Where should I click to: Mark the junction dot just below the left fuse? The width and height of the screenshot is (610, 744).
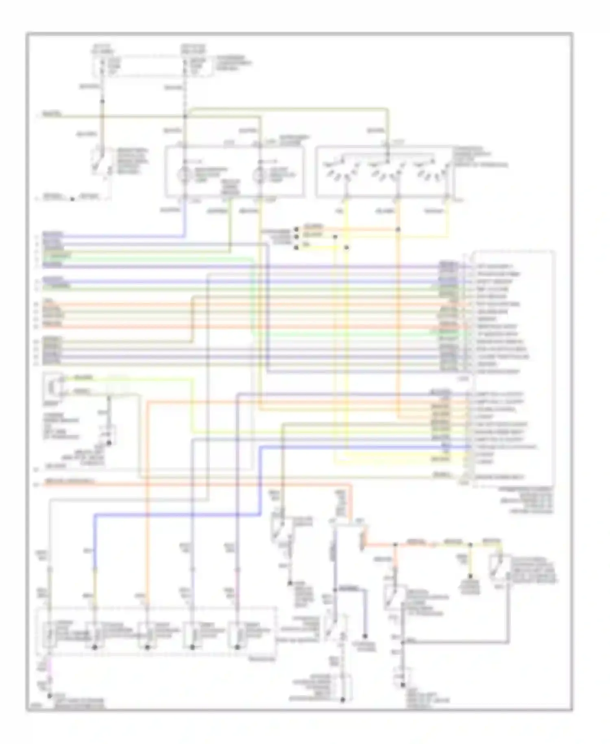click(102, 101)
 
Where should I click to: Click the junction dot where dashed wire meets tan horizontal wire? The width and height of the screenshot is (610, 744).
click(185, 116)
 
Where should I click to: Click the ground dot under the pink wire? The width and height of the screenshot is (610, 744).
click(50, 696)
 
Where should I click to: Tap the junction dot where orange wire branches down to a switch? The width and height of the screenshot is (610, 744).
click(395, 545)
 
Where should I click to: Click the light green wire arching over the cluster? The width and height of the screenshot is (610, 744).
click(285, 108)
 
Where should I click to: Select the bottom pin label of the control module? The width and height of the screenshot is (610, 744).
click(500, 477)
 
